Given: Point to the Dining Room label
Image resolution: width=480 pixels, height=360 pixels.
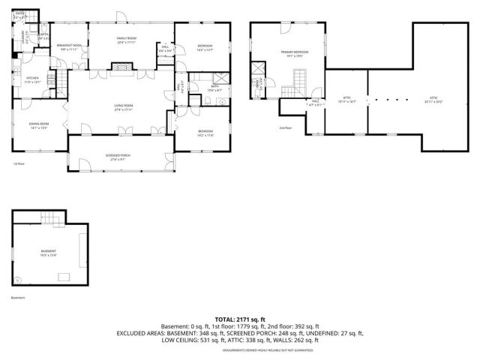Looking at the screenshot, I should [x=39, y=125].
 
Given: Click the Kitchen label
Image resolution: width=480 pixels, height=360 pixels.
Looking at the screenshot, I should [x=33, y=80].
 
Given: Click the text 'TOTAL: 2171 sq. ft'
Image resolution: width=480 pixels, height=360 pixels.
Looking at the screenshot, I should [x=239, y=319].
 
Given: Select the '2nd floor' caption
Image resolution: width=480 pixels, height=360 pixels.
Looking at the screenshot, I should [x=285, y=127].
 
